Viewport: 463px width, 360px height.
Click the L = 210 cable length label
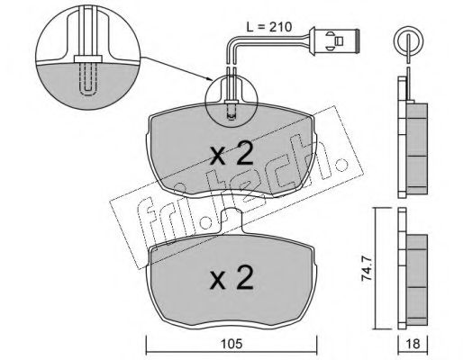point(268,27)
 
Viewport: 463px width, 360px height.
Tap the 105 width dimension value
point(231,344)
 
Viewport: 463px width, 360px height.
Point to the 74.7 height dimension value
point(367,267)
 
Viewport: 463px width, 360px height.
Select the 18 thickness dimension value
point(413,344)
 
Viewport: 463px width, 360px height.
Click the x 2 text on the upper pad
point(231,155)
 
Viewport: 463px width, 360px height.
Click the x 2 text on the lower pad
point(231,278)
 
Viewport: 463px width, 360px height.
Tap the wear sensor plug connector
point(334,40)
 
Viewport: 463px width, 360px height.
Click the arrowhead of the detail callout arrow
point(210,79)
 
